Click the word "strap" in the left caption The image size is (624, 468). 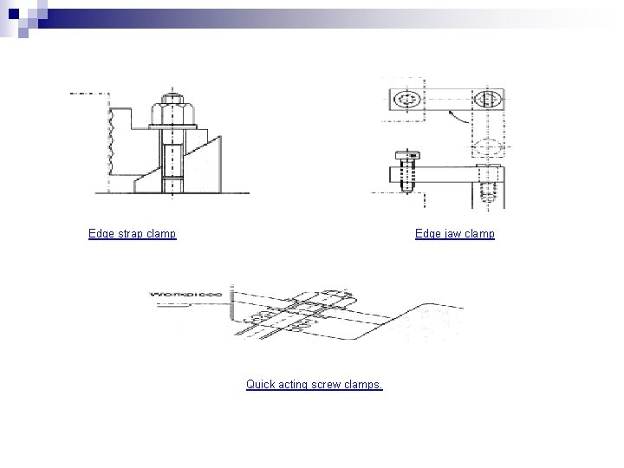[x=131, y=234]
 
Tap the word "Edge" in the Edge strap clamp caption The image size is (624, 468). [x=101, y=234]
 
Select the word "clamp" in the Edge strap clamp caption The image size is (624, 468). [x=162, y=234]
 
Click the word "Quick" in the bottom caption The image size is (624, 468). [x=260, y=384]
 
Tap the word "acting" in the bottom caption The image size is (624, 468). [x=295, y=384]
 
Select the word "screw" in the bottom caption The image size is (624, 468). [x=329, y=384]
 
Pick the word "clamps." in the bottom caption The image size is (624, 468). [x=365, y=384]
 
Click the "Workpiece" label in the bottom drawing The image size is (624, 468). [x=185, y=294]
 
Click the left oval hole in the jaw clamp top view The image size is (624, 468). [x=406, y=101]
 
